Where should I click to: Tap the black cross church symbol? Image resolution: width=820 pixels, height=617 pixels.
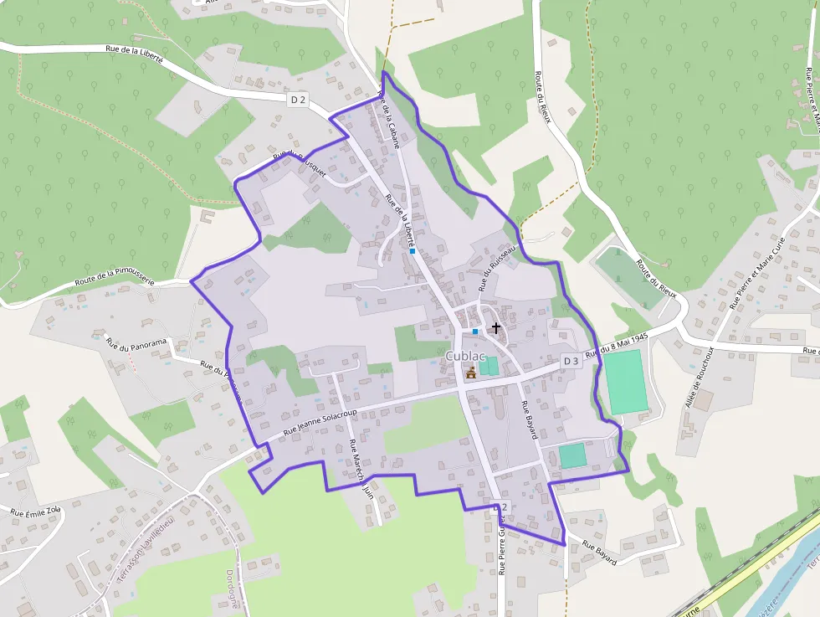coord(496,328)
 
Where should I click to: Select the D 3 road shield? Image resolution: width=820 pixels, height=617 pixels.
coord(571,361)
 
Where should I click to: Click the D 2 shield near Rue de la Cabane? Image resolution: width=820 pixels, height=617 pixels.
coord(298,100)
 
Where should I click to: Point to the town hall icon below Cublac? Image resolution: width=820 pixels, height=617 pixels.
coord(471,373)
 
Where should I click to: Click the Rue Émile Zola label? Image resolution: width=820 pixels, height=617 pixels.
coord(35,510)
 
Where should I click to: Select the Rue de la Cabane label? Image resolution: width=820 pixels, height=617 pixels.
coord(389,121)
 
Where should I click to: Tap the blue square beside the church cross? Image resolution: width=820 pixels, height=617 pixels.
coord(475,332)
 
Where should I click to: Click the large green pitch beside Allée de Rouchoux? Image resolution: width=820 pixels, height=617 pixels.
coord(626,382)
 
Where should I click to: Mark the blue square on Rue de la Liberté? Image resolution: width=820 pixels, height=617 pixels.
coord(413,250)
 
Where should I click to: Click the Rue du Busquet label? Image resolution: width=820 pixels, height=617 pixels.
coord(299,161)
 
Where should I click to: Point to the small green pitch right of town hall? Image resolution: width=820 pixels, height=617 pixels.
coord(488,366)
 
